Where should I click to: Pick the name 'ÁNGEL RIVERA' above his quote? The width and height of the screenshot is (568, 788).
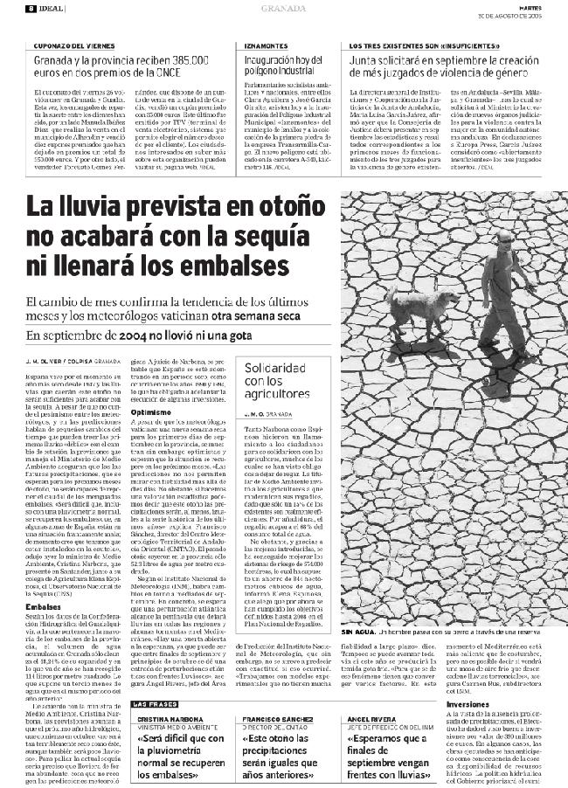tap(373, 718)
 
